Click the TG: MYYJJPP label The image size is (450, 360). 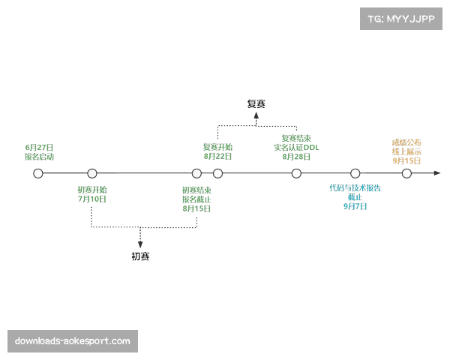tap(401, 18)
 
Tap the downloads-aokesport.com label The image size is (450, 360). tap(72, 341)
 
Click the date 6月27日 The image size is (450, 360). tap(39, 148)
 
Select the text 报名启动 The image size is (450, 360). tap(39, 157)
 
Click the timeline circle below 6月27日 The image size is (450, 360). tap(38, 174)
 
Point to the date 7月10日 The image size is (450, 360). tap(92, 199)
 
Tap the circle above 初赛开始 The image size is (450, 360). tap(91, 174)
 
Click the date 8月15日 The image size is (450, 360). tap(196, 208)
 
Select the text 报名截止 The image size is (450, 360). tap(196, 199)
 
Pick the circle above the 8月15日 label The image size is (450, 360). tap(196, 174)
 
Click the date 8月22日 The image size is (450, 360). tap(218, 156)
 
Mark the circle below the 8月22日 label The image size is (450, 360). tap(217, 174)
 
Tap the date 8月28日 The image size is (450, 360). tap(296, 157)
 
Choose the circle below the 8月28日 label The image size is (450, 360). tap(296, 174)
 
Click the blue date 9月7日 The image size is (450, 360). tap(355, 205)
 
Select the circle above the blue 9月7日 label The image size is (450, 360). tap(355, 174)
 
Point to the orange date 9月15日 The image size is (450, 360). tap(406, 160)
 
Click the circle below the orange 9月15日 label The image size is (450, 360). tap(406, 174)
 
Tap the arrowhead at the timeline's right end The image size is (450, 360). tap(439, 175)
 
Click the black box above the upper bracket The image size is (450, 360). tap(258, 105)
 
